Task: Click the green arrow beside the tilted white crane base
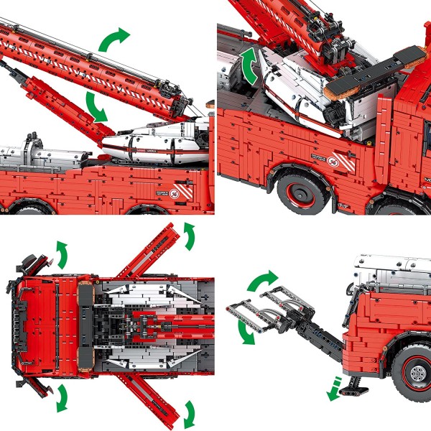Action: (x=251, y=66)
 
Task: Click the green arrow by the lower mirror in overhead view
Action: (x=61, y=397)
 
